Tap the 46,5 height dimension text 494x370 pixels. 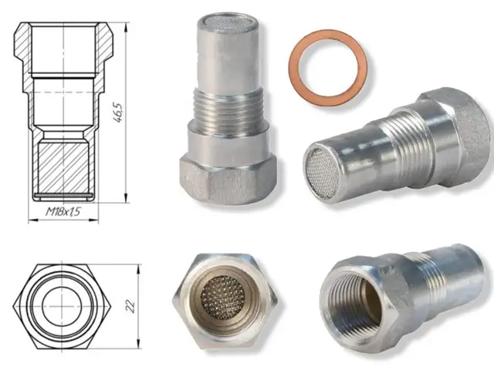tap(117, 113)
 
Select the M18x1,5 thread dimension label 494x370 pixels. tap(63, 211)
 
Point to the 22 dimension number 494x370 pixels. tap(130, 306)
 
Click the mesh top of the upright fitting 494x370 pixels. tap(228, 21)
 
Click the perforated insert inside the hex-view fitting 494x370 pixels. tap(223, 298)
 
